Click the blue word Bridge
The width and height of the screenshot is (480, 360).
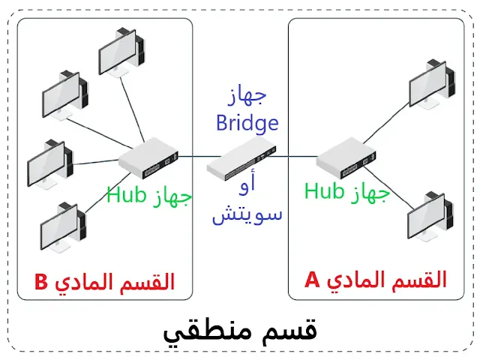(x=247, y=122)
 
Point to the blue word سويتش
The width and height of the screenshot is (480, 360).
(x=247, y=214)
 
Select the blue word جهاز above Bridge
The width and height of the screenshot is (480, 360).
(x=247, y=97)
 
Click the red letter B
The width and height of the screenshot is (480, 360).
(x=41, y=282)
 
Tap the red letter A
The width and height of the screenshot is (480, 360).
(x=312, y=280)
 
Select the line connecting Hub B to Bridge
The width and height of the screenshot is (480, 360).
(x=193, y=157)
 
